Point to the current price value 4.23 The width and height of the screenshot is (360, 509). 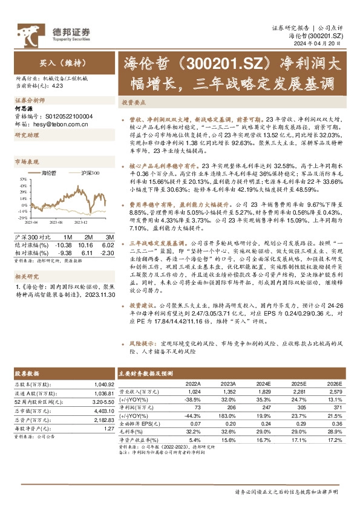click(x=57, y=86)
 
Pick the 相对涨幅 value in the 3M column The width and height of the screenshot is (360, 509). click(x=106, y=253)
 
